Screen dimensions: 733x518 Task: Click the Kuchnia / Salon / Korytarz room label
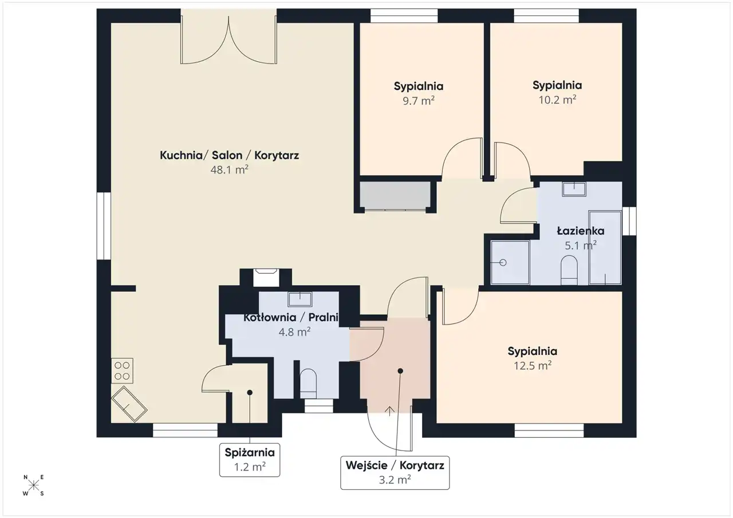pos(229,155)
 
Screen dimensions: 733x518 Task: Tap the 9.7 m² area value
pos(419,100)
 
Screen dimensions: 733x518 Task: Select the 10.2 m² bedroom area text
pos(557,100)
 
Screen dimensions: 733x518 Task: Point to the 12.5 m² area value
pos(533,365)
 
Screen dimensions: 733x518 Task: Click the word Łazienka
pos(581,231)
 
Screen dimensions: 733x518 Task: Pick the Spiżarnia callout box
pos(250,460)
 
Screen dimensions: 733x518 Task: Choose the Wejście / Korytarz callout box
pos(395,473)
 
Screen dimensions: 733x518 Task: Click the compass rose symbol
pos(33,485)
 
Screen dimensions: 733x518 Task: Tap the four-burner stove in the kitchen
pos(122,370)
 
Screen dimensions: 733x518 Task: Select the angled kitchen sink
pos(129,404)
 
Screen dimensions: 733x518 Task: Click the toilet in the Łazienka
pos(569,270)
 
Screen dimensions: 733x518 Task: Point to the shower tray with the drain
pos(510,262)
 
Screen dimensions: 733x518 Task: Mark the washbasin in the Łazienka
pos(574,189)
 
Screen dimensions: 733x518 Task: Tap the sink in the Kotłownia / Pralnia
pos(299,299)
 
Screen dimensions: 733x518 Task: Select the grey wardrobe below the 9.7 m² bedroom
pos(395,195)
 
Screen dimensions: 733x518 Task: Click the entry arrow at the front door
pos(389,412)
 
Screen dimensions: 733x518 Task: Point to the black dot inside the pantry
pos(250,393)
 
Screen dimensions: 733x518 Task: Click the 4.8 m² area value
pos(294,332)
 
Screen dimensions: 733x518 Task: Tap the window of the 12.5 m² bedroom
pos(549,430)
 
